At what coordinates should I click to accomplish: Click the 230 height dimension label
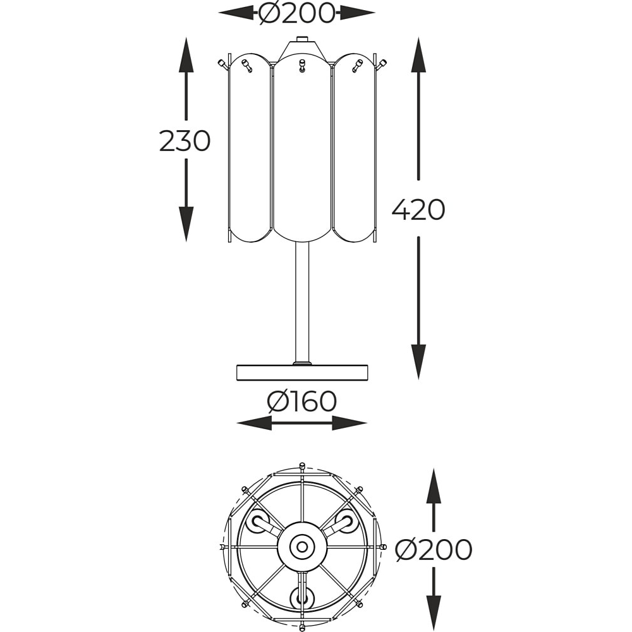[185, 141]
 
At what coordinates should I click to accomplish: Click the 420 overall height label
[418, 209]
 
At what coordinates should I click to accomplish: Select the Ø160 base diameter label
[302, 402]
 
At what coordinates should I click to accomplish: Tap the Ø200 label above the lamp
[297, 13]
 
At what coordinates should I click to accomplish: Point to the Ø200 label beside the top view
[434, 549]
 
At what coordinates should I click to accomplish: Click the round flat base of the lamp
[302, 372]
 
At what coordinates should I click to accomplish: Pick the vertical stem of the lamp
[302, 302]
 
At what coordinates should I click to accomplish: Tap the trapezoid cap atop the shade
[302, 49]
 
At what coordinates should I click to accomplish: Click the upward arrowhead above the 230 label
[186, 54]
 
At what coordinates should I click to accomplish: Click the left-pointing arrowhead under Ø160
[254, 423]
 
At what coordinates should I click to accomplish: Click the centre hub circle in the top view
[301, 547]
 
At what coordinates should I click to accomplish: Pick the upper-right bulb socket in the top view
[346, 521]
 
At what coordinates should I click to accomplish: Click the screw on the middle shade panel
[302, 66]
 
